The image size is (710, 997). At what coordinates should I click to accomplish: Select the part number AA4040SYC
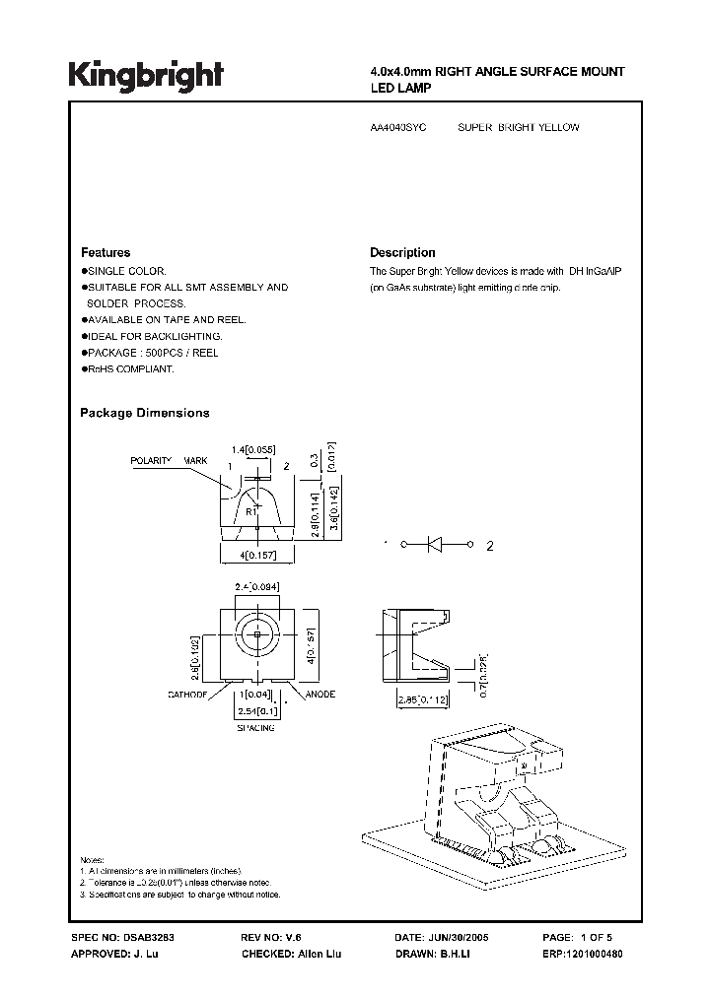(x=397, y=128)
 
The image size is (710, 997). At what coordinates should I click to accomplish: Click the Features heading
(x=106, y=252)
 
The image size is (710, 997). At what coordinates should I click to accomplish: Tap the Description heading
(x=402, y=252)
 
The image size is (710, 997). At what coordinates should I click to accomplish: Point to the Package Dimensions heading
(x=144, y=413)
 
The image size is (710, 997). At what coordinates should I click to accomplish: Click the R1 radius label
(x=251, y=511)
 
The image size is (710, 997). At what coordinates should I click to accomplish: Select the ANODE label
(x=320, y=695)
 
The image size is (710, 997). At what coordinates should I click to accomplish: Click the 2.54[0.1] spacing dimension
(x=255, y=710)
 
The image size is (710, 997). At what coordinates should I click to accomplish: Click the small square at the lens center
(x=256, y=635)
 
